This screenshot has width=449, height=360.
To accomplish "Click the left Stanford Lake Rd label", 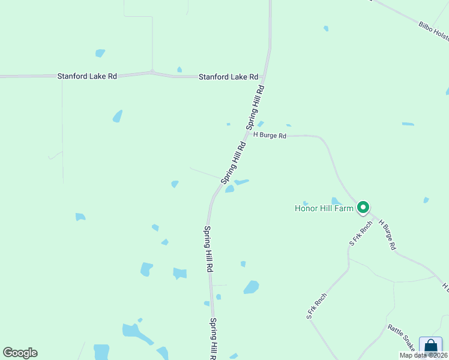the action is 87,76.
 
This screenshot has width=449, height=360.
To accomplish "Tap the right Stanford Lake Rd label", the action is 228,77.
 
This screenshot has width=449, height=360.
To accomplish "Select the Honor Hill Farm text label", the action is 324,209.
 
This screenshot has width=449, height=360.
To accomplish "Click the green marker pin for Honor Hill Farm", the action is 363,208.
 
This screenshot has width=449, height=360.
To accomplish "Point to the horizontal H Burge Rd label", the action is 270,135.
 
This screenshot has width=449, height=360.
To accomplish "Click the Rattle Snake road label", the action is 401,337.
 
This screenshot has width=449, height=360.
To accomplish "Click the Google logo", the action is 20,353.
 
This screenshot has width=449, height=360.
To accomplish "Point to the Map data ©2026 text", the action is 423,355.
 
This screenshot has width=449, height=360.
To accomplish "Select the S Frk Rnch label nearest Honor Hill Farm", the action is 361,233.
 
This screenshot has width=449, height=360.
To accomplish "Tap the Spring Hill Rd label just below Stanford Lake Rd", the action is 255,107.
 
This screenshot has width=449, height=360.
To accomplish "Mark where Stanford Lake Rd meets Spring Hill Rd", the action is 264,77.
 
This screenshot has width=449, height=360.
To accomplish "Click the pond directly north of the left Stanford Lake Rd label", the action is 100,53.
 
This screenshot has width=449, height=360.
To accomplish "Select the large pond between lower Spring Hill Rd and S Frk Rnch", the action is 252,287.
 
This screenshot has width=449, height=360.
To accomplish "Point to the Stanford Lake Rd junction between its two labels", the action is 152,73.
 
